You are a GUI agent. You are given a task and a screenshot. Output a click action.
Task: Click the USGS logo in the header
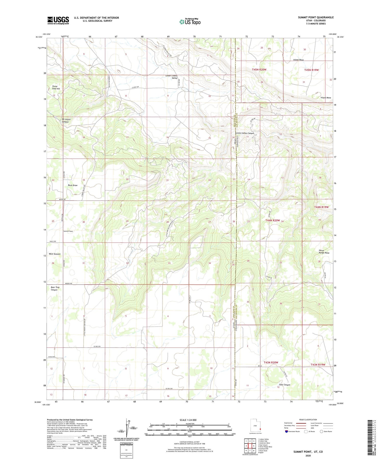[58, 20]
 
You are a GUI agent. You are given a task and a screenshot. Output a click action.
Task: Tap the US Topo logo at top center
[190, 22]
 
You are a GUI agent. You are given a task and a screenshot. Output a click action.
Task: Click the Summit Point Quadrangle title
[316, 17]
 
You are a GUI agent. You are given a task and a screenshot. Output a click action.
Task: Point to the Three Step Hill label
[56, 87]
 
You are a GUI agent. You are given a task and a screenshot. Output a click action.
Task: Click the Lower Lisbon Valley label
[171, 77]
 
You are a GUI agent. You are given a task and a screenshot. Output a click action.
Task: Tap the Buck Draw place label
[73, 185]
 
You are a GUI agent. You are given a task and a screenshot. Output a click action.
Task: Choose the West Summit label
[54, 254]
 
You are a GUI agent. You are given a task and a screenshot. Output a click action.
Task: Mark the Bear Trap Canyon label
[55, 289]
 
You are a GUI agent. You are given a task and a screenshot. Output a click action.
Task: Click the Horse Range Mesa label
[324, 251]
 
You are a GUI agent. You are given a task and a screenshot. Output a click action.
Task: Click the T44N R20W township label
[272, 220]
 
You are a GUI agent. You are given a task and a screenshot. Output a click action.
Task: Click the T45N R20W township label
[259, 69]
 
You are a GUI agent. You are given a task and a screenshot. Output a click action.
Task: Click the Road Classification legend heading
[308, 420]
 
